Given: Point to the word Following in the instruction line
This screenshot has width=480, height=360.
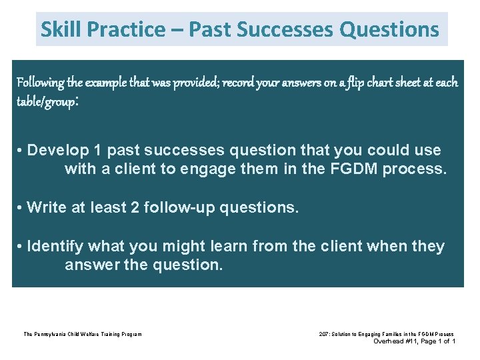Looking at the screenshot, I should point(40,83).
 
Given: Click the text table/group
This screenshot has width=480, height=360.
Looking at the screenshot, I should point(46,102).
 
